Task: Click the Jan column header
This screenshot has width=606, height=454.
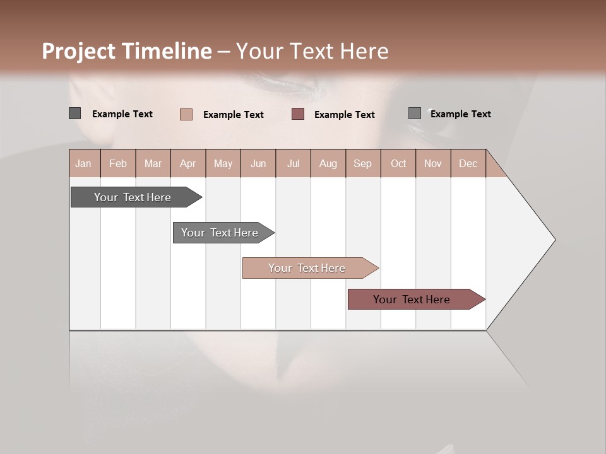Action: pyautogui.click(x=83, y=163)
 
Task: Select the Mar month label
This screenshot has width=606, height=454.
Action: pyautogui.click(x=153, y=163)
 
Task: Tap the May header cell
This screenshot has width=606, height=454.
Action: pyautogui.click(x=223, y=163)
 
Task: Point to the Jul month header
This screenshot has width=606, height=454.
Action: pyautogui.click(x=293, y=163)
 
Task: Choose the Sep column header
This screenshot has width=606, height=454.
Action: pyautogui.click(x=362, y=163)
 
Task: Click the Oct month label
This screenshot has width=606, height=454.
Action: pyautogui.click(x=398, y=163)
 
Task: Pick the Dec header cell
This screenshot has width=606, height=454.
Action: pyautogui.click(x=468, y=163)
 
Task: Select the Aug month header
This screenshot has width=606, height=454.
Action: pyautogui.click(x=328, y=163)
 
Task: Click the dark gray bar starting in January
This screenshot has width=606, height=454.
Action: pyautogui.click(x=133, y=197)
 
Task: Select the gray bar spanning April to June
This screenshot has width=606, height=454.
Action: pyautogui.click(x=220, y=233)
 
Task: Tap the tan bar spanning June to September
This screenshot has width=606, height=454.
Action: pyautogui.click(x=307, y=268)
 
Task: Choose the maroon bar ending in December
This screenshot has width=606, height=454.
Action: pyautogui.click(x=412, y=300)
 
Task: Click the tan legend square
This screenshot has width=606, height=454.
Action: pyautogui.click(x=186, y=114)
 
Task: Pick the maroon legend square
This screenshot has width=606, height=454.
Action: pyautogui.click(x=298, y=113)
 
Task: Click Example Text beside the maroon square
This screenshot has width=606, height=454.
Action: pyautogui.click(x=344, y=115)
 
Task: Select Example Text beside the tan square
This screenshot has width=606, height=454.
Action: pyautogui.click(x=233, y=115)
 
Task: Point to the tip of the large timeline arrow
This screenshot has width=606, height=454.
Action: pyautogui.click(x=554, y=240)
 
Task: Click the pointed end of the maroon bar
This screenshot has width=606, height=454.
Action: pyautogui.click(x=483, y=300)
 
